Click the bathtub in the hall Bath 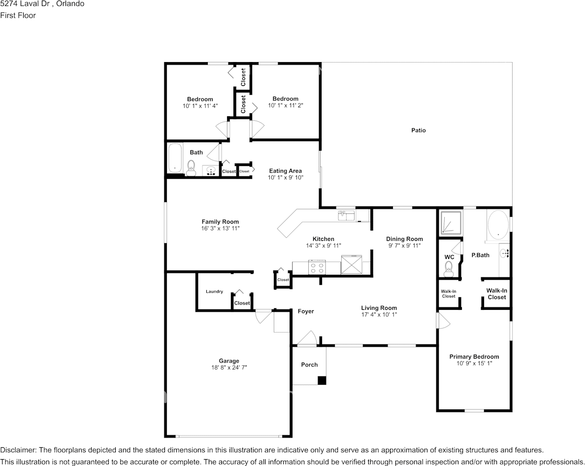click(x=175, y=158)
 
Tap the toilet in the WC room click(x=448, y=267)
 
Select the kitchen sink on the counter click(x=346, y=215)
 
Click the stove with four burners click(x=317, y=267)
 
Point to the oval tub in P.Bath click(x=497, y=224)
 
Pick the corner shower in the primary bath click(x=451, y=222)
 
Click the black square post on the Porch click(x=322, y=380)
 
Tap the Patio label click(x=419, y=131)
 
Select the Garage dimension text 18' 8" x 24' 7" click(x=229, y=367)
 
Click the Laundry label click(x=214, y=292)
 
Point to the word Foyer click(x=306, y=311)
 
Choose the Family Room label click(x=220, y=222)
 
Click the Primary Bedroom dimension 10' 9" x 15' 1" click(x=474, y=364)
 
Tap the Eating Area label click(x=285, y=171)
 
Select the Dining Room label click(x=404, y=239)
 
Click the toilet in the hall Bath click(x=191, y=167)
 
